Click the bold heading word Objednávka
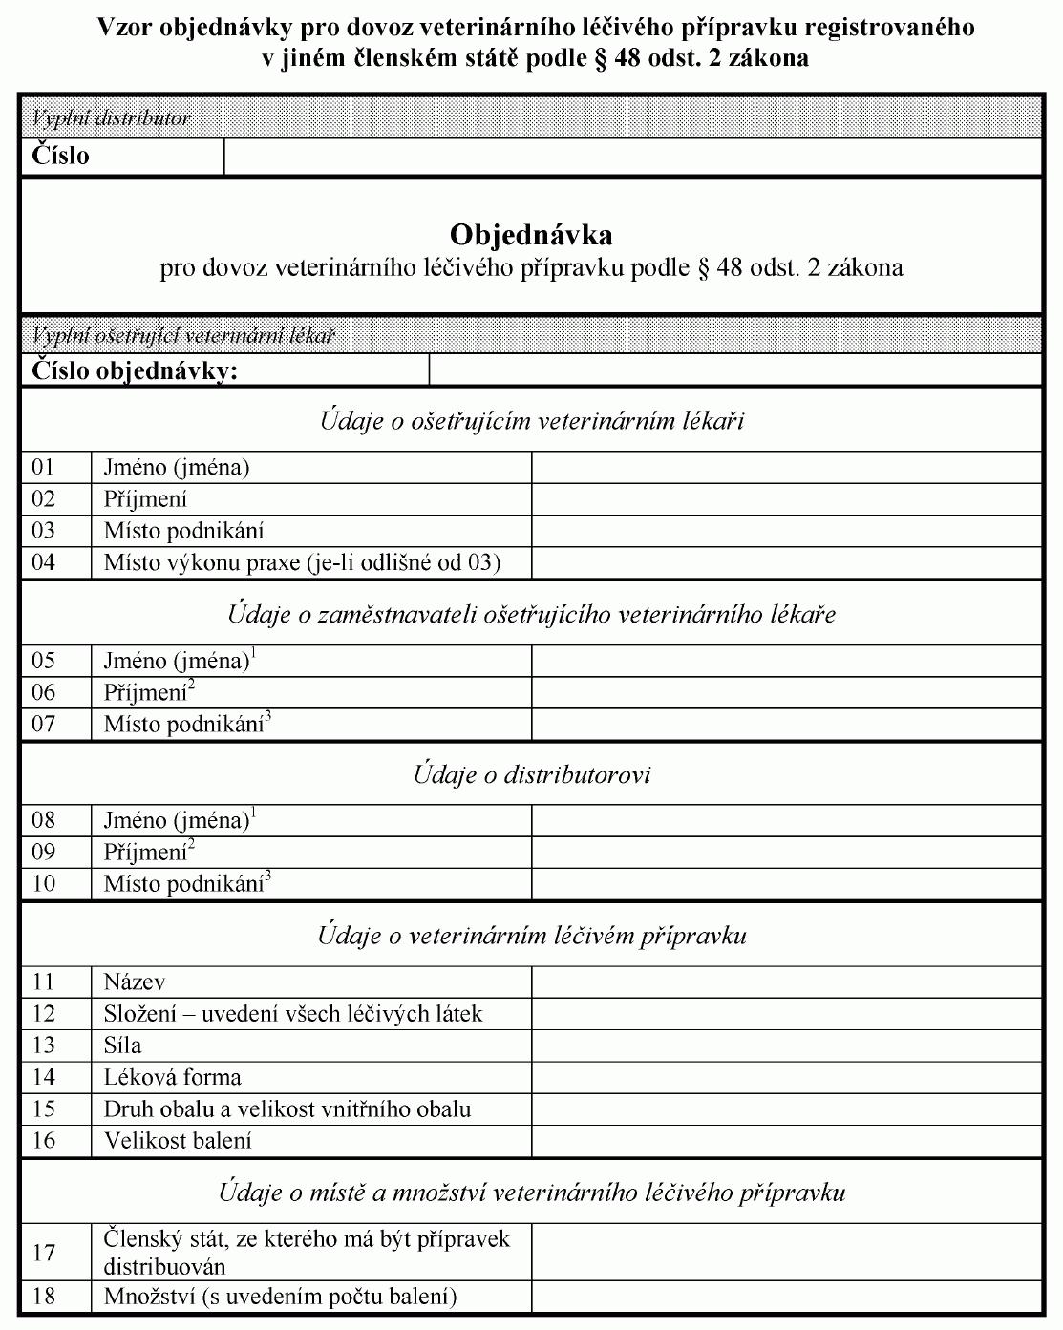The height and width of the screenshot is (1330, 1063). point(531,235)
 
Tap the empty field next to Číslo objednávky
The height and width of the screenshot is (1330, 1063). point(735,370)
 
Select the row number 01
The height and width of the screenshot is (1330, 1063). point(44,468)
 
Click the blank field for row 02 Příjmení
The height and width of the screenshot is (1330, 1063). point(785,499)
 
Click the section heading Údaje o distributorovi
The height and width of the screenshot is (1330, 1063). point(531,774)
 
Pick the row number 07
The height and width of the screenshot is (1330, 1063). point(44,724)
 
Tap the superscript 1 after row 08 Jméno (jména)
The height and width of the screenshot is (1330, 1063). point(254,813)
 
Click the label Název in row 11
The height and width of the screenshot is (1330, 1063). point(135,982)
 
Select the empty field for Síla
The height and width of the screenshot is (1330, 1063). point(785,1045)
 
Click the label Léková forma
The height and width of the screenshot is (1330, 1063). point(173,1078)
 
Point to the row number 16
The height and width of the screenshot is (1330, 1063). point(44,1141)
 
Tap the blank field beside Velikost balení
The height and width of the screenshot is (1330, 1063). point(785,1141)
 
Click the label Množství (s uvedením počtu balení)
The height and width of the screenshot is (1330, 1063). point(281,1297)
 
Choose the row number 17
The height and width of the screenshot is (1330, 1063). point(44,1253)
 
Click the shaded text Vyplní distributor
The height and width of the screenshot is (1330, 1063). point(112,119)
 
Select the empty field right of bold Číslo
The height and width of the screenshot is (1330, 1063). point(632,157)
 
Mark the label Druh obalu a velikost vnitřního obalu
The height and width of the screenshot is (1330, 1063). point(287,1109)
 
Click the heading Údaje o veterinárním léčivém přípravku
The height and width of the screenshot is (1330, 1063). point(531,936)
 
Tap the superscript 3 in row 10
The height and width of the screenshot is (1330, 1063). point(268,876)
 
